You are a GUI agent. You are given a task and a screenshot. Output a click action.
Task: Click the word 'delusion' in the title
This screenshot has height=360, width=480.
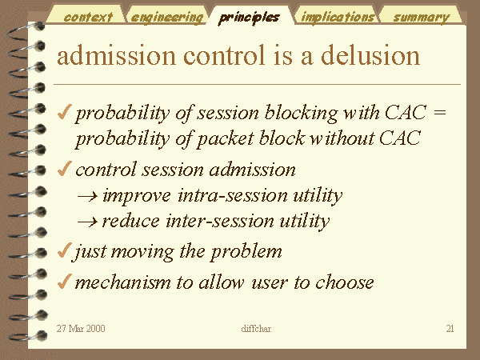pos(370,55)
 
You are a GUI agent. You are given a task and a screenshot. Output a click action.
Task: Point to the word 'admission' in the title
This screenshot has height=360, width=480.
pos(116,55)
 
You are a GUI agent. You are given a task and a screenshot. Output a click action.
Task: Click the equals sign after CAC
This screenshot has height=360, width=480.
pos(440,112)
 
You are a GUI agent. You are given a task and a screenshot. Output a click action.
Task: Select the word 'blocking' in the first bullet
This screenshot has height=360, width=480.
pos(301,114)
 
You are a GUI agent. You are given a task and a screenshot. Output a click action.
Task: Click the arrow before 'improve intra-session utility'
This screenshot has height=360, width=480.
pos(88,196)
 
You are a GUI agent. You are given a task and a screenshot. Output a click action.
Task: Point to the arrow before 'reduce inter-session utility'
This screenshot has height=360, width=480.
pos(88,222)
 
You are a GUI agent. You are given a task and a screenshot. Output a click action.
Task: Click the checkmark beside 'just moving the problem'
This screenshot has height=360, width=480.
pos(64,250)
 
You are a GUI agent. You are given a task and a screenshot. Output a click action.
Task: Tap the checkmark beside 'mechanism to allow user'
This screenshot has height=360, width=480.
pos(64,281)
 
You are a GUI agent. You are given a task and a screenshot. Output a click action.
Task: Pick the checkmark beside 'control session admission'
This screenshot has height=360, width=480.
pos(64,169)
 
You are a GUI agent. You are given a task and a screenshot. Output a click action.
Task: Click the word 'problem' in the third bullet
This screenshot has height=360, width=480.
pos(246,252)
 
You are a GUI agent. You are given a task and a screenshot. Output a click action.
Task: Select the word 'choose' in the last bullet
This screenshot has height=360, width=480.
pos(344,282)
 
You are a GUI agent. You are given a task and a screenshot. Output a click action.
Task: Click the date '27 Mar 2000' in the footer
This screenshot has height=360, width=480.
pos(81,329)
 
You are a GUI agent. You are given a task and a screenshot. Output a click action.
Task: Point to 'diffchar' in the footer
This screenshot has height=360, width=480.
pos(256,329)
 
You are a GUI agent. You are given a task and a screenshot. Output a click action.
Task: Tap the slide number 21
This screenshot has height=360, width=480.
pos(450,329)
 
